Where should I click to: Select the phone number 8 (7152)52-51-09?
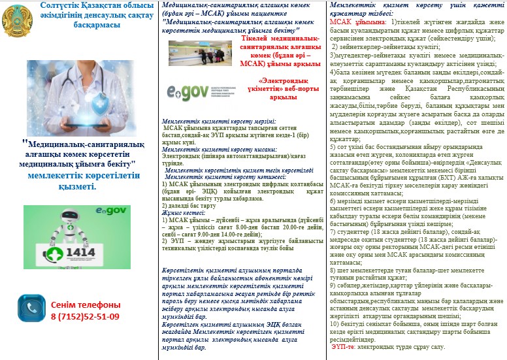85,316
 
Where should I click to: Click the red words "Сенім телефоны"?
85,305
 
